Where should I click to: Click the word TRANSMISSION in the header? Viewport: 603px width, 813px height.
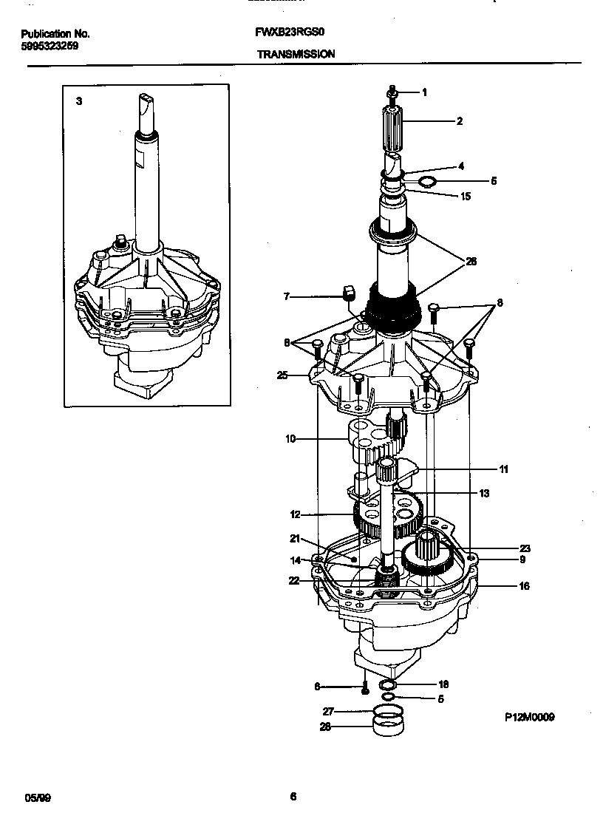296,54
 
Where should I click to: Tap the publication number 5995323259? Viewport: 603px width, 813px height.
50,45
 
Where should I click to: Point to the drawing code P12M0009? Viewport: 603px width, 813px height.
530,717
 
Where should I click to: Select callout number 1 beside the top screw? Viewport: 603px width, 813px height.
425,92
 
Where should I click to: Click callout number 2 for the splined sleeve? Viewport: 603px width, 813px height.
460,121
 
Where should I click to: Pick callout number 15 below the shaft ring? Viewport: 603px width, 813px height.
465,197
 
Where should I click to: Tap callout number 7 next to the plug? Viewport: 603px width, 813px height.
287,297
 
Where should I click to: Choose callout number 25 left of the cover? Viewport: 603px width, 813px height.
282,375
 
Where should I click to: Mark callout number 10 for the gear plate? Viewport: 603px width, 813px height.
290,439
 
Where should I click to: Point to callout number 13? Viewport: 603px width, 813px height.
484,493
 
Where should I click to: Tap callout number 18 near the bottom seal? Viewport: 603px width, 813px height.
443,684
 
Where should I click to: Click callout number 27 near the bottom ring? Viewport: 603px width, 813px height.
328,712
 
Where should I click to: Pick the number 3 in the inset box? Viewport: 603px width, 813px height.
79,101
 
